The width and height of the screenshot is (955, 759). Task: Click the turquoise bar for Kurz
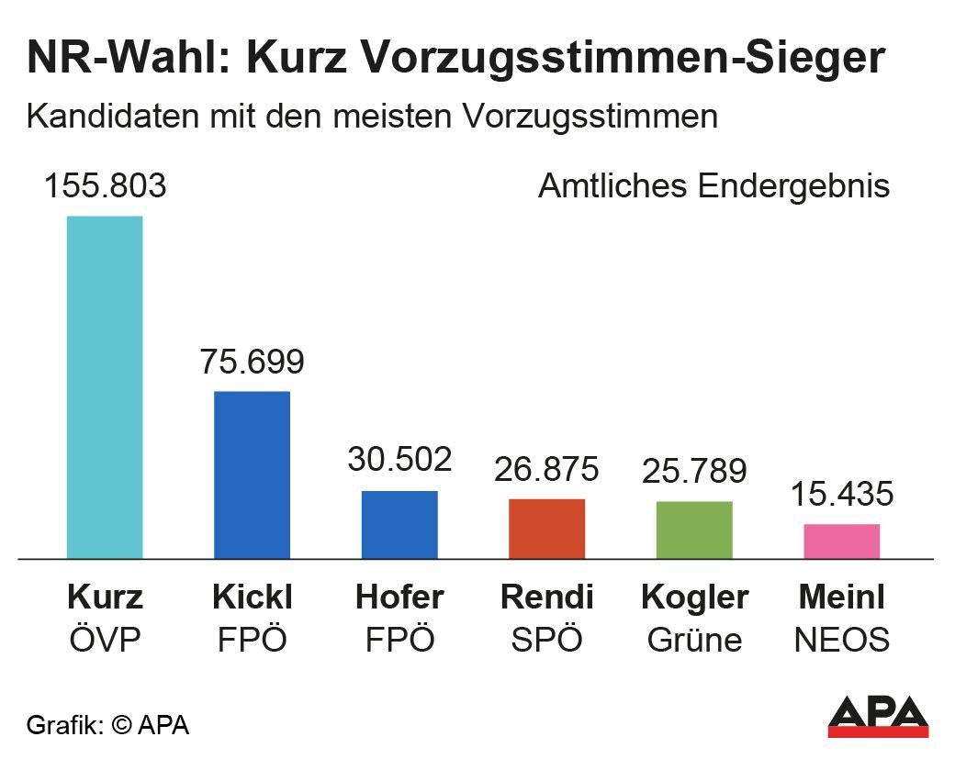pyautogui.click(x=105, y=386)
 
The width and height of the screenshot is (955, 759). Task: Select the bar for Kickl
pyautogui.click(x=252, y=474)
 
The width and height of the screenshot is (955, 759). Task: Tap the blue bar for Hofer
pyautogui.click(x=399, y=524)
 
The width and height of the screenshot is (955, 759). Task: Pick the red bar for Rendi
pyautogui.click(x=546, y=529)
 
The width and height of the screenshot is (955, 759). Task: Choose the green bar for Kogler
pyautogui.click(x=694, y=530)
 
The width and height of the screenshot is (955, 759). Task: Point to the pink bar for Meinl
pyautogui.click(x=841, y=541)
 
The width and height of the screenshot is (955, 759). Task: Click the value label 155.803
pyautogui.click(x=106, y=186)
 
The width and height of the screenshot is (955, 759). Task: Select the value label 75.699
pyautogui.click(x=252, y=362)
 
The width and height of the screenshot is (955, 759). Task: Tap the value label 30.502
pyautogui.click(x=399, y=460)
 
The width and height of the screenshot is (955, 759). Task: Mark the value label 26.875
pyautogui.click(x=546, y=469)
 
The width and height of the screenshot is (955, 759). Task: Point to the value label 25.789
pyautogui.click(x=694, y=472)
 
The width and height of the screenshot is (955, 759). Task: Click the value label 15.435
pyautogui.click(x=841, y=495)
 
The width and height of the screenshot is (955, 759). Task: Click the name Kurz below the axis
pyautogui.click(x=106, y=597)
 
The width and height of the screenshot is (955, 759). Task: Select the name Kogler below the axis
pyautogui.click(x=694, y=597)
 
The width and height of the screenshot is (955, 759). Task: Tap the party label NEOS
pyautogui.click(x=841, y=640)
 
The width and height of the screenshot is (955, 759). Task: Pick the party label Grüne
pyautogui.click(x=694, y=640)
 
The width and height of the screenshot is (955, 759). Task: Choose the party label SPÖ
pyautogui.click(x=546, y=640)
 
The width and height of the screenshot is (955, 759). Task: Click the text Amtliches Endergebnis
pyautogui.click(x=713, y=186)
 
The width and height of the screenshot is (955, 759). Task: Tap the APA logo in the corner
pyautogui.click(x=878, y=717)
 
